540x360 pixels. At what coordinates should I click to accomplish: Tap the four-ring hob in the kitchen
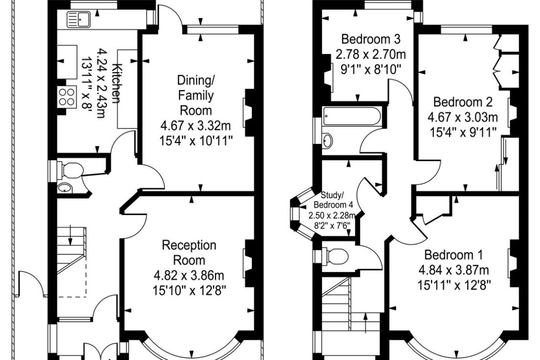coord(66,97)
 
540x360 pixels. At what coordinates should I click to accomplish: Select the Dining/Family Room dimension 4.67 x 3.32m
coord(195,126)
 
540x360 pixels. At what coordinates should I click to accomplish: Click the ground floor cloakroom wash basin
coord(65,188)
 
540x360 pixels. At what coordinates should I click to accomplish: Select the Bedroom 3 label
coord(371,39)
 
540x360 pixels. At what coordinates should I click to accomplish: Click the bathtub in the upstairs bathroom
coord(352,116)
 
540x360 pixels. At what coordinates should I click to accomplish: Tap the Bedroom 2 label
coord(462,102)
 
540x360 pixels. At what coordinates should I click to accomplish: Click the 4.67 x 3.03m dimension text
coord(462,117)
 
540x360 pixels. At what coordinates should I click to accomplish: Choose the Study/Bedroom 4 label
coord(333,200)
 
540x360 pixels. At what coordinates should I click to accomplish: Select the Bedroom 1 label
coord(453,255)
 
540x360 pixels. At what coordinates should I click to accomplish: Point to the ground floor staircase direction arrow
coord(71,235)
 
